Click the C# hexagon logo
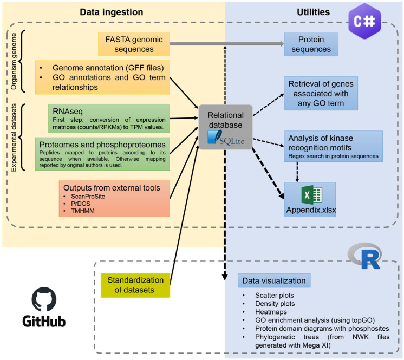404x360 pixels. pyautogui.click(x=364, y=21)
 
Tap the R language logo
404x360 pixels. pyautogui.click(x=364, y=256)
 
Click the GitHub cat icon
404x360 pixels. pyautogui.click(x=44, y=299)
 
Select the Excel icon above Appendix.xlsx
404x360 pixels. pyautogui.click(x=312, y=195)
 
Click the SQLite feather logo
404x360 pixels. pyautogui.click(x=215, y=138)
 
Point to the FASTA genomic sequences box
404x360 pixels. pyautogui.click(x=134, y=44)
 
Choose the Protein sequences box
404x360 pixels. pyautogui.click(x=311, y=44)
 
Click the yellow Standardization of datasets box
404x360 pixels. pyautogui.click(x=135, y=285)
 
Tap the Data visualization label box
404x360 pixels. pyautogui.click(x=274, y=280)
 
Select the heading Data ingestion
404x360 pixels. pyautogui.click(x=112, y=12)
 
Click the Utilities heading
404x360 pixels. pyautogui.click(x=314, y=12)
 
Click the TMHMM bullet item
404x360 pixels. pyautogui.click(x=83, y=211)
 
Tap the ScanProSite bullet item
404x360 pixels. pyautogui.click(x=88, y=196)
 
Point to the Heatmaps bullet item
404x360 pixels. pyautogui.click(x=271, y=312)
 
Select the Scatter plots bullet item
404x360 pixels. pyautogui.click(x=275, y=295)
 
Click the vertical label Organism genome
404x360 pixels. pyautogui.click(x=14, y=61)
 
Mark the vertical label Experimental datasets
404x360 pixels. pyautogui.click(x=14, y=138)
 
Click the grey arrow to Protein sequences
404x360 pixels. pyautogui.click(x=227, y=44)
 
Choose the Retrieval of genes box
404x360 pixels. pyautogui.click(x=321, y=94)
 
